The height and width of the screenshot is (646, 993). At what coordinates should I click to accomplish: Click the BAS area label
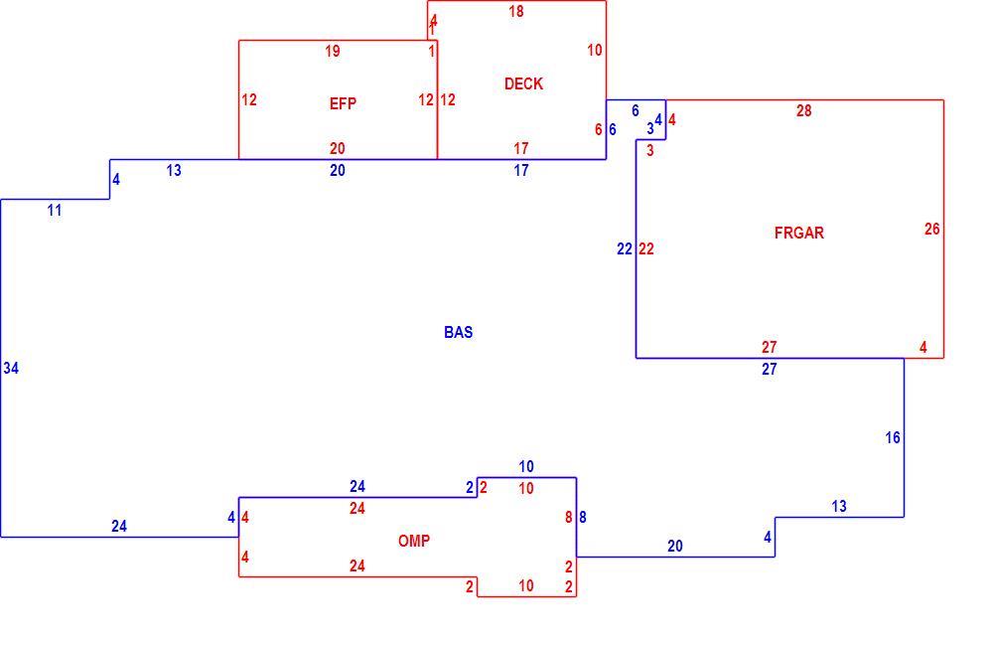[458, 332]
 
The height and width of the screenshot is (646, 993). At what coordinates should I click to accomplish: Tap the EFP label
[343, 103]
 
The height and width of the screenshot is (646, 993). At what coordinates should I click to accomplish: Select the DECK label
[523, 83]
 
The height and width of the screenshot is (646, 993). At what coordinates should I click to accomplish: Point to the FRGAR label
[798, 233]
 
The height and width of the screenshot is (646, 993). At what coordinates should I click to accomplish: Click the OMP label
[413, 541]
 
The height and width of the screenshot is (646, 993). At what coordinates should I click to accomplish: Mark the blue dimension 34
[11, 368]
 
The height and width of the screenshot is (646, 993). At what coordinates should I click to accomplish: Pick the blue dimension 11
[55, 211]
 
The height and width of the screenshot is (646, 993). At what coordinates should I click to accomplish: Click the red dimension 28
[803, 111]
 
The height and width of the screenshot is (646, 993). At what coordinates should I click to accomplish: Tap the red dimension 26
[931, 229]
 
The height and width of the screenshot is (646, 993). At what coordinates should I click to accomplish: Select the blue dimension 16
[893, 437]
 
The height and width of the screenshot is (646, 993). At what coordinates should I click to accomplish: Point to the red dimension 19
[333, 52]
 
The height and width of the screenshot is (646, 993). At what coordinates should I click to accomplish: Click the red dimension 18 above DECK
[516, 11]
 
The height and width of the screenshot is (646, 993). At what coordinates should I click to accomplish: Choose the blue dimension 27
[769, 369]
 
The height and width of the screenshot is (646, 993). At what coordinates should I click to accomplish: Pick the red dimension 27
[769, 348]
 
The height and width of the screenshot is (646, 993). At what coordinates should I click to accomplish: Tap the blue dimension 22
[625, 249]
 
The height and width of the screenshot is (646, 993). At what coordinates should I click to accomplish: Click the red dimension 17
[520, 148]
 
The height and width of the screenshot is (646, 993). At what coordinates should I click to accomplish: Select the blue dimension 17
[520, 171]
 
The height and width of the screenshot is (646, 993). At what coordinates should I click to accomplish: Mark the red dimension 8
[569, 518]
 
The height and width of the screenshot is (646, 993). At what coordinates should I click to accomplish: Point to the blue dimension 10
[525, 466]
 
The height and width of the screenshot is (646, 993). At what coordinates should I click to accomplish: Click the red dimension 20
[337, 148]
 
